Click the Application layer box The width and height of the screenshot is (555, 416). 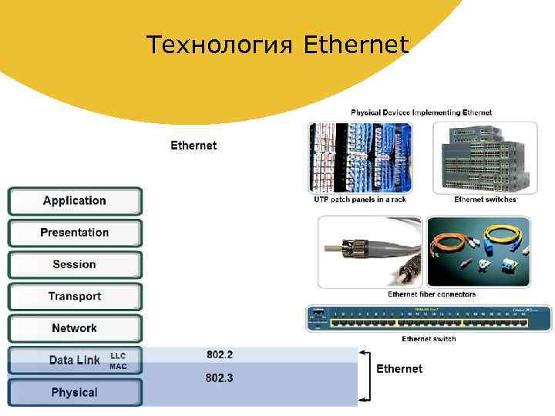pos(75,201)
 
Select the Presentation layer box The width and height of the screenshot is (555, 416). pos(75,233)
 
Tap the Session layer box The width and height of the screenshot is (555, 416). pos(75,264)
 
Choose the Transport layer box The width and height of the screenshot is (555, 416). pos(75,297)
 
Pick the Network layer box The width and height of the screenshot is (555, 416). pos(75,328)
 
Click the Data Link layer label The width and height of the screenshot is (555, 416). pos(74,360)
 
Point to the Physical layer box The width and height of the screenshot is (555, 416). pos(75,392)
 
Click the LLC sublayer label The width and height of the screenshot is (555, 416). pos(118,356)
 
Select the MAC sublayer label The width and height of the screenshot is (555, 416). pos(118,366)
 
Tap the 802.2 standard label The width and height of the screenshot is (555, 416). pos(220,355)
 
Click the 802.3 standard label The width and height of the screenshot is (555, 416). pos(220,378)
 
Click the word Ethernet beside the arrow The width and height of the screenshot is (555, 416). pos(399,369)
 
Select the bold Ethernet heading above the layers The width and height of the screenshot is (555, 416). pos(193,145)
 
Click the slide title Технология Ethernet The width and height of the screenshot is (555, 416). pos(277,45)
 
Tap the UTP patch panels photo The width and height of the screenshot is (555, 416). pos(360,158)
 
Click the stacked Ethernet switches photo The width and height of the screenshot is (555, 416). pos(485,158)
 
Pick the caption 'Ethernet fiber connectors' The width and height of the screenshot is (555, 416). pos(432,294)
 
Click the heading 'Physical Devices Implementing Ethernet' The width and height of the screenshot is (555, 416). pos(422,112)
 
